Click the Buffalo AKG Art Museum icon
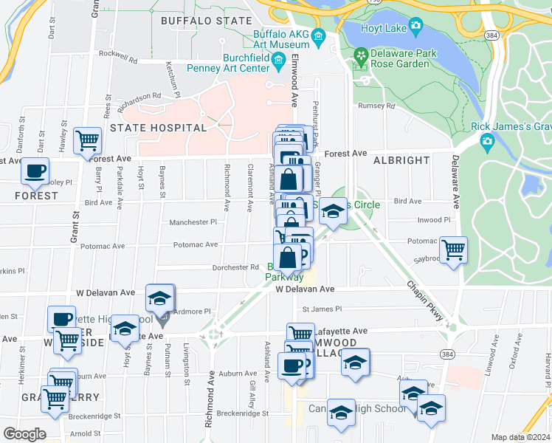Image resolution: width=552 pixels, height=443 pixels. click(318, 36)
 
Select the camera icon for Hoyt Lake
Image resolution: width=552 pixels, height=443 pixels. click(415, 29)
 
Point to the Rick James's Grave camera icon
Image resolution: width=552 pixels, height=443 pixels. click(486, 140)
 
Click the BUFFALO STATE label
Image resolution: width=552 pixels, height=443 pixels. click(206, 21)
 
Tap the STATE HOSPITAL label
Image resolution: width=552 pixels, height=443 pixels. click(159, 128)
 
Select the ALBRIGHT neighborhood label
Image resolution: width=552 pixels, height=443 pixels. click(402, 160)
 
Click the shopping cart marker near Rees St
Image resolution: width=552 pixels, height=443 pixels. click(88, 139)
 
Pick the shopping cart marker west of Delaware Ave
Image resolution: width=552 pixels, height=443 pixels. click(453, 248)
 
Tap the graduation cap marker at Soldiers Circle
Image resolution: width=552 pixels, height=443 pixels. click(333, 213)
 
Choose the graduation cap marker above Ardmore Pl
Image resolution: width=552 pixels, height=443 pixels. click(159, 298)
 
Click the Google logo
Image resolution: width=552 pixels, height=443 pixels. click(24, 433)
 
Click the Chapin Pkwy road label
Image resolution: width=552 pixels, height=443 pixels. click(426, 301)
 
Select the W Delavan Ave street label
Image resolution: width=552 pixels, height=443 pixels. click(306, 289)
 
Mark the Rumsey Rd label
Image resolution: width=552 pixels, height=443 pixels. click(376, 106)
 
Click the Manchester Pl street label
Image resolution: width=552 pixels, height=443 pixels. click(193, 221)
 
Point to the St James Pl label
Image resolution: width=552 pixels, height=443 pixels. click(318, 309)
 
